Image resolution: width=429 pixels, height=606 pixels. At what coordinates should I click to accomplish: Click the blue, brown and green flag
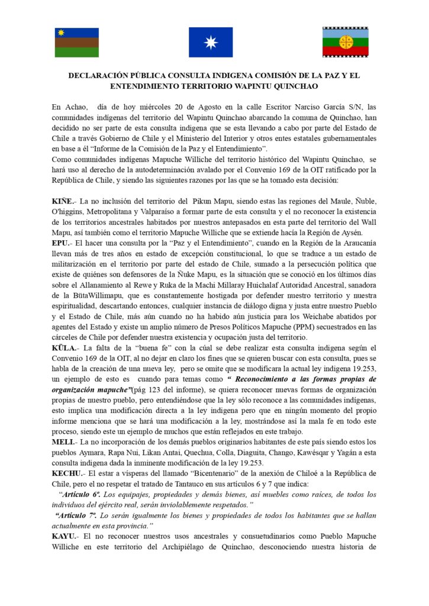[x=77, y=43]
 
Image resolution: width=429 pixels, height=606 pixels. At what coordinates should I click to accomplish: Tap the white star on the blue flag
[x=211, y=43]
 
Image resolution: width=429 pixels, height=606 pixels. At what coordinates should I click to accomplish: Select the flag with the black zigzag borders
[x=346, y=43]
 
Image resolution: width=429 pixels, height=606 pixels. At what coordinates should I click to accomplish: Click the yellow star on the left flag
[x=61, y=33]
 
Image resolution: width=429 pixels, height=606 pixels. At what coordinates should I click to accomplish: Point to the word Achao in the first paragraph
[x=79, y=107]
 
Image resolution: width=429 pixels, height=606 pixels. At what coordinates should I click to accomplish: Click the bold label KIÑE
[x=63, y=202]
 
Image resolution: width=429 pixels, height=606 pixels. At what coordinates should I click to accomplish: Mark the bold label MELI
[x=63, y=441]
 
